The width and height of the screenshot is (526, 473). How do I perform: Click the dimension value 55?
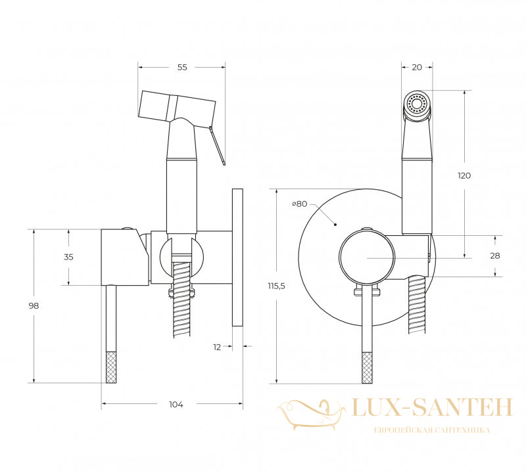pos(182,68)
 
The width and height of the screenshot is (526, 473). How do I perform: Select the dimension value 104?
pos(176,405)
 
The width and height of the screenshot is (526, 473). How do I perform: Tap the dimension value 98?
pos(34,305)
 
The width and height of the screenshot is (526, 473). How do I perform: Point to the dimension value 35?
pos(68,257)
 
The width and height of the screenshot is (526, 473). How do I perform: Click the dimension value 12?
pos(217,348)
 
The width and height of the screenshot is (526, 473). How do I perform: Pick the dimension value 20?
pos(417,68)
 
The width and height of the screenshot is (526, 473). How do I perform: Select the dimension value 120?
pos(464,175)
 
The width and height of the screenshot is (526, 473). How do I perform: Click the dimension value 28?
pos(495,256)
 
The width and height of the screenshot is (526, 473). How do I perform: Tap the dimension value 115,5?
pos(276,286)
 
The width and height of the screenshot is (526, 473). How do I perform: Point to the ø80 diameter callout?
pos(299,204)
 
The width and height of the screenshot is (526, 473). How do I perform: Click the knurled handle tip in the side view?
pos(111,367)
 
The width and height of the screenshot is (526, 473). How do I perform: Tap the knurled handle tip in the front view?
pos(368,367)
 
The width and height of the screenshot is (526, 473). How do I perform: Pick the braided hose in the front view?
pos(417,304)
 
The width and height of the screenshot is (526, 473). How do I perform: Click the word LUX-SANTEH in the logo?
pos(432,407)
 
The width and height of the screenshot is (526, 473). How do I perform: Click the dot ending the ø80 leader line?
pos(335,225)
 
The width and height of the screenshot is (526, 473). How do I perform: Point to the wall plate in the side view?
pos(237,258)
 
